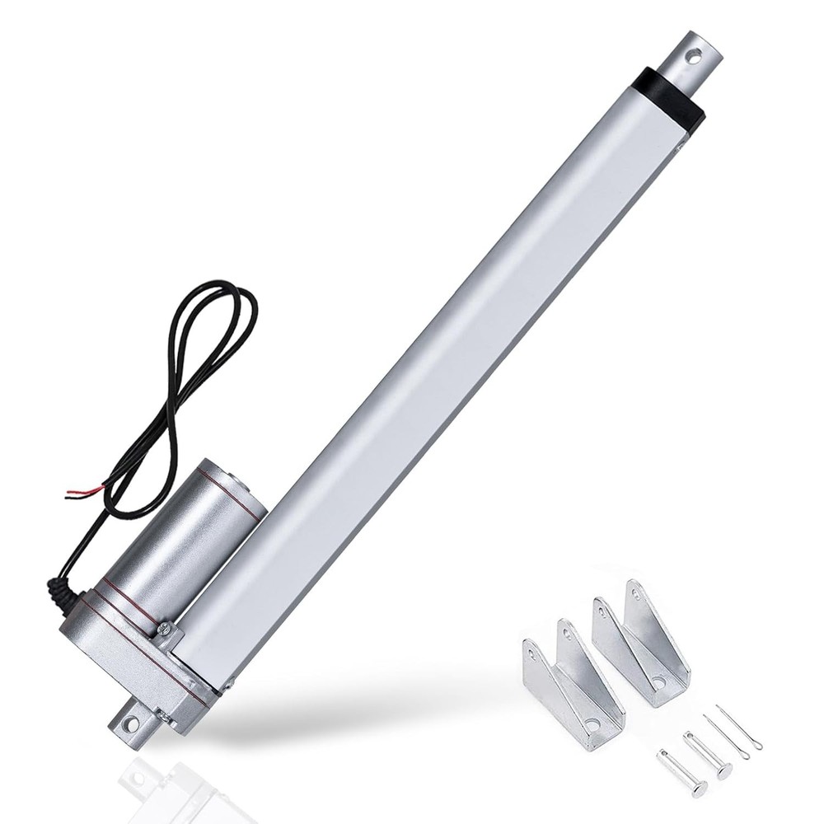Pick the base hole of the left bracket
point(592,725)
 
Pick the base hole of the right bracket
point(658,682)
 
